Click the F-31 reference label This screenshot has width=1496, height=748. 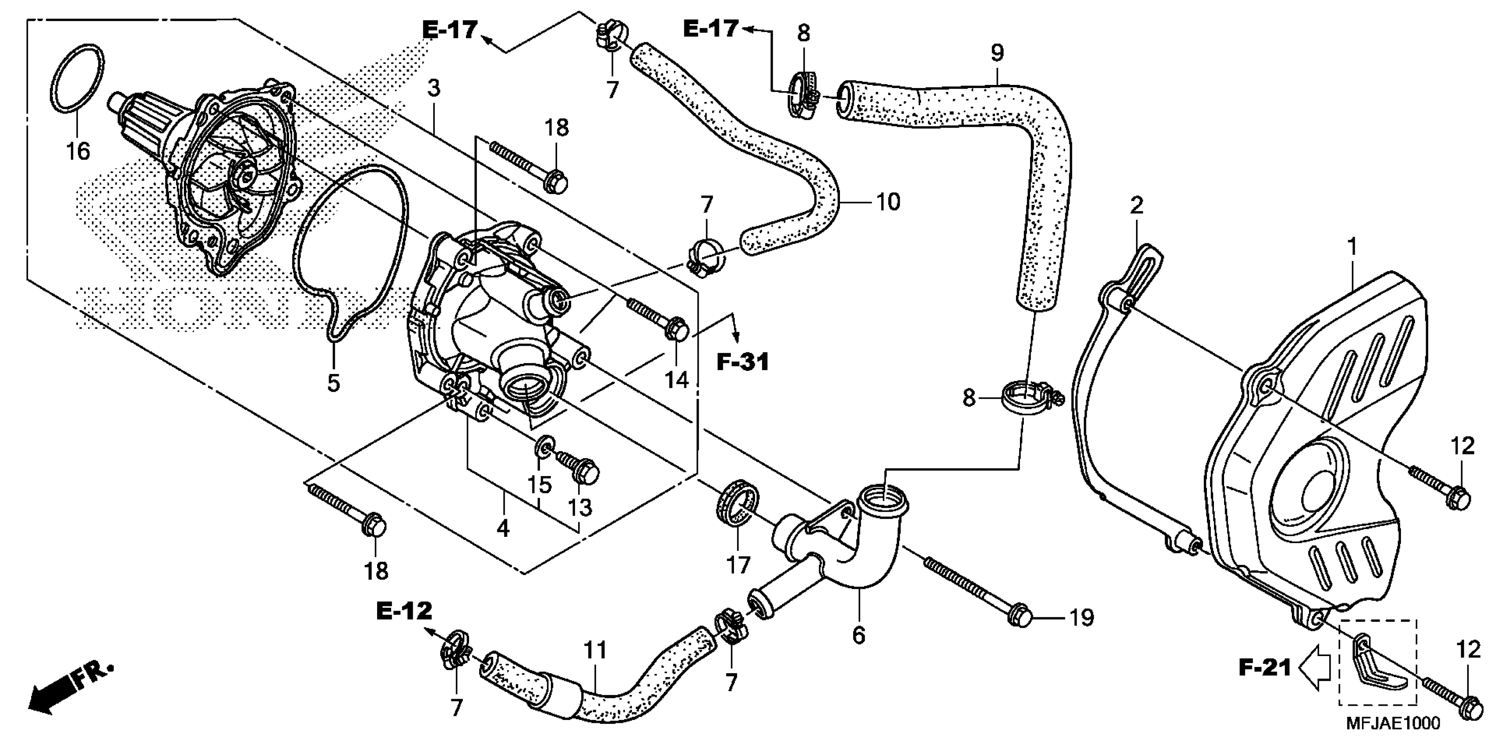click(x=742, y=362)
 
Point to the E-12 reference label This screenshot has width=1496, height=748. click(x=404, y=611)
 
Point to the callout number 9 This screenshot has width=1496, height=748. click(x=997, y=53)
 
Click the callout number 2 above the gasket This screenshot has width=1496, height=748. click(x=1136, y=205)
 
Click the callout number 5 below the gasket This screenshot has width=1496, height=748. click(x=334, y=383)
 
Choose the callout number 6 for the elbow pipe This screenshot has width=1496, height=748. click(x=858, y=635)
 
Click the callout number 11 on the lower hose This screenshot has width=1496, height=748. click(x=595, y=650)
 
